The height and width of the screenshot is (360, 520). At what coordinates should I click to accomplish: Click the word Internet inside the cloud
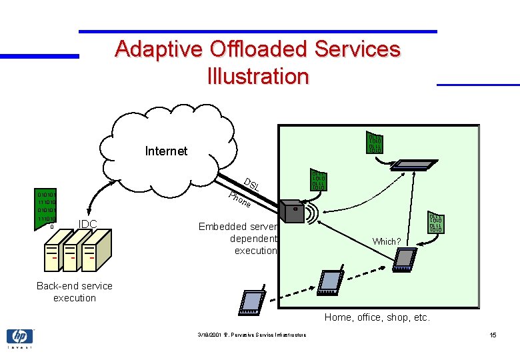pos(166,151)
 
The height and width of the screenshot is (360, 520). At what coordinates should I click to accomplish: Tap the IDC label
pos(89,224)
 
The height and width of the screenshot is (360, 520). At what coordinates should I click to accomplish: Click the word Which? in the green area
pos(387,241)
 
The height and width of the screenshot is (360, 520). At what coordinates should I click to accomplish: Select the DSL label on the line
pos(251,185)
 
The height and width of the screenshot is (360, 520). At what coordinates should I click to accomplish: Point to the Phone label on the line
pos(239,199)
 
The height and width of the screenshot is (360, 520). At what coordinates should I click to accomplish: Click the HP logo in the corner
pos(19,337)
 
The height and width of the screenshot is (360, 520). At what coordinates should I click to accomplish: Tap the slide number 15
pos(493,335)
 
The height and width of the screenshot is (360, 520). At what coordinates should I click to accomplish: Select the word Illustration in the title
pos(258,76)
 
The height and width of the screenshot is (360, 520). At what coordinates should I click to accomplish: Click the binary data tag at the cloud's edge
pos(375,143)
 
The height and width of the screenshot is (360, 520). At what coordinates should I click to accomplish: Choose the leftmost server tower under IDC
pos(51,255)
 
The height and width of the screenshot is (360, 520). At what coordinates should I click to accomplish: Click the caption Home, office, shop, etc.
pos(377,317)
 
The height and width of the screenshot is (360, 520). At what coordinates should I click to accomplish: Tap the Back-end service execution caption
pos(75,292)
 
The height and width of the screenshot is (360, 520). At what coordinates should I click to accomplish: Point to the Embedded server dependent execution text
pos(237,239)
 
